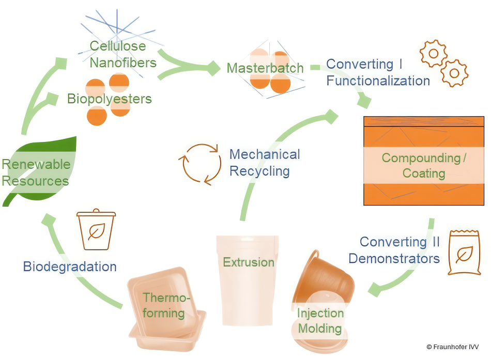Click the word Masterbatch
(265, 68)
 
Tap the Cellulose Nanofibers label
(123, 54)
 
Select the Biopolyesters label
(110, 99)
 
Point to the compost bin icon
(96, 230)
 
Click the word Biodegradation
(70, 267)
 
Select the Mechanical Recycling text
(265, 162)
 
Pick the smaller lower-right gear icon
(454, 73)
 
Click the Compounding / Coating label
(424, 165)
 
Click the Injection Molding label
(320, 321)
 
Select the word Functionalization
(378, 81)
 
